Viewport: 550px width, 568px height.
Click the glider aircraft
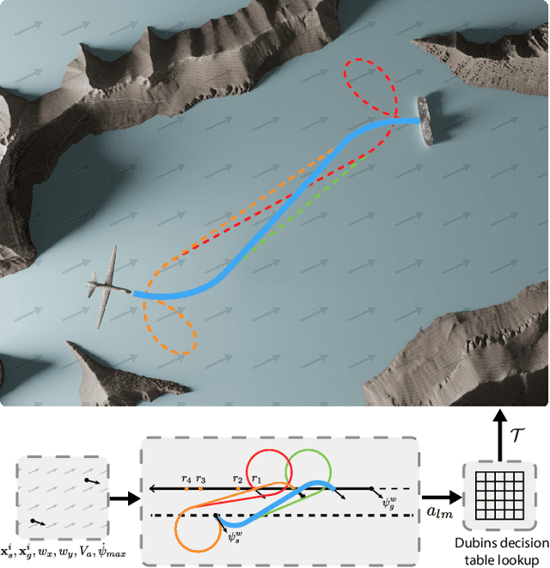click(x=109, y=288)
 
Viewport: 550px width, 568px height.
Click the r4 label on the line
click(x=186, y=478)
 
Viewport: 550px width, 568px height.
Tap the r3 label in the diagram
click(x=200, y=478)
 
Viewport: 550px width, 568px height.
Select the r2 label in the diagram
click(x=237, y=478)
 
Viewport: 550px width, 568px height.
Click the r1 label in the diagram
click(x=254, y=478)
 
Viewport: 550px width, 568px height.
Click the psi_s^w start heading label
click(x=235, y=537)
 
